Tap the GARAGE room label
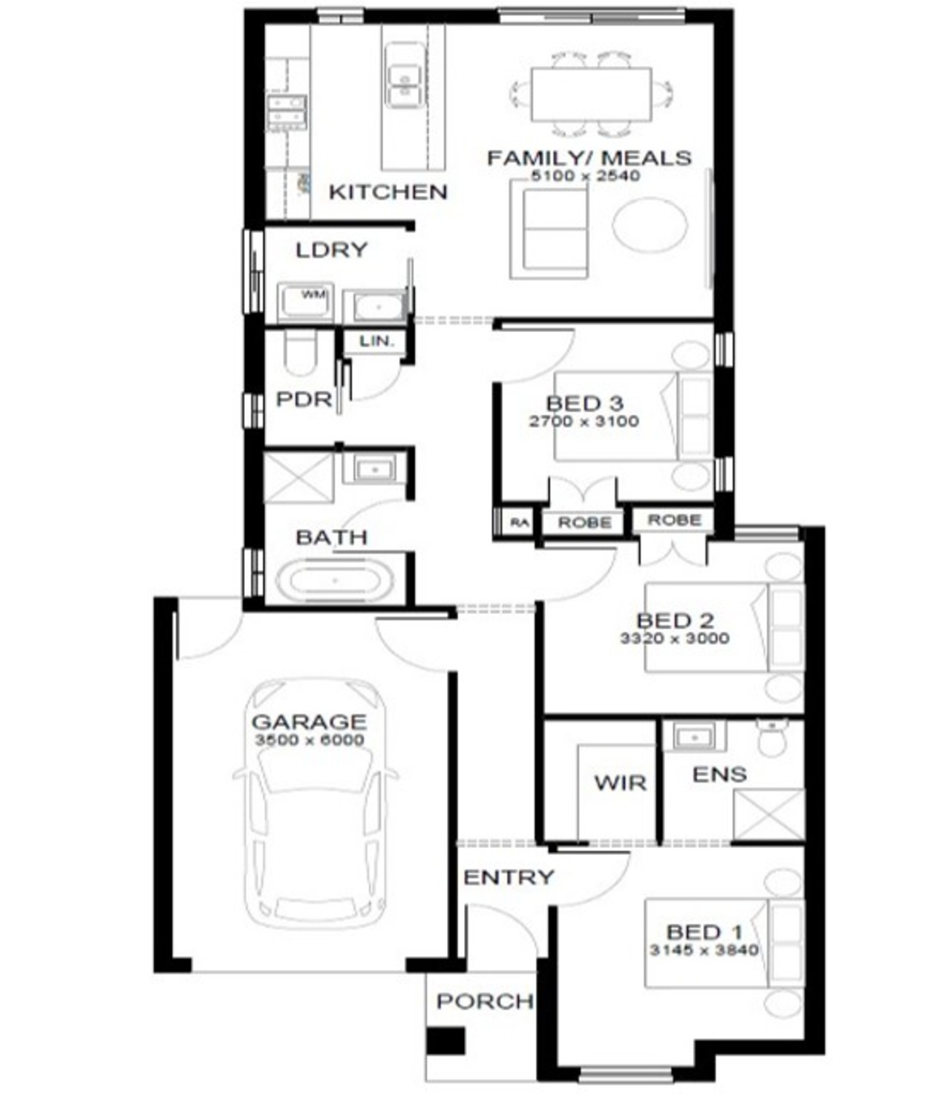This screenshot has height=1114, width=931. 309,721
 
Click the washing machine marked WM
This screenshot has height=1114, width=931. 305,301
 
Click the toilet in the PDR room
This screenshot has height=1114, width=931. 301,354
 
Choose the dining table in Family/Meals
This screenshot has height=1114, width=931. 591,94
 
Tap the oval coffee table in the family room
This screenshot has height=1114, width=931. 650,225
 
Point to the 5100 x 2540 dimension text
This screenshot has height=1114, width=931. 586,176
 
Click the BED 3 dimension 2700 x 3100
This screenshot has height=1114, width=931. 584,421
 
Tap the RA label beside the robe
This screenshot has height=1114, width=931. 520,523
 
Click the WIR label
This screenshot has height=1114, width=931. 620,783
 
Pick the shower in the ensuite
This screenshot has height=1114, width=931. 768,815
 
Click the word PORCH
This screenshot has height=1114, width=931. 484,1001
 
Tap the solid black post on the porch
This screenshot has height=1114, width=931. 446,1041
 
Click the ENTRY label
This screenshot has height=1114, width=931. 509,877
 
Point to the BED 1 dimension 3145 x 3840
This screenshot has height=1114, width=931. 704,950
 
